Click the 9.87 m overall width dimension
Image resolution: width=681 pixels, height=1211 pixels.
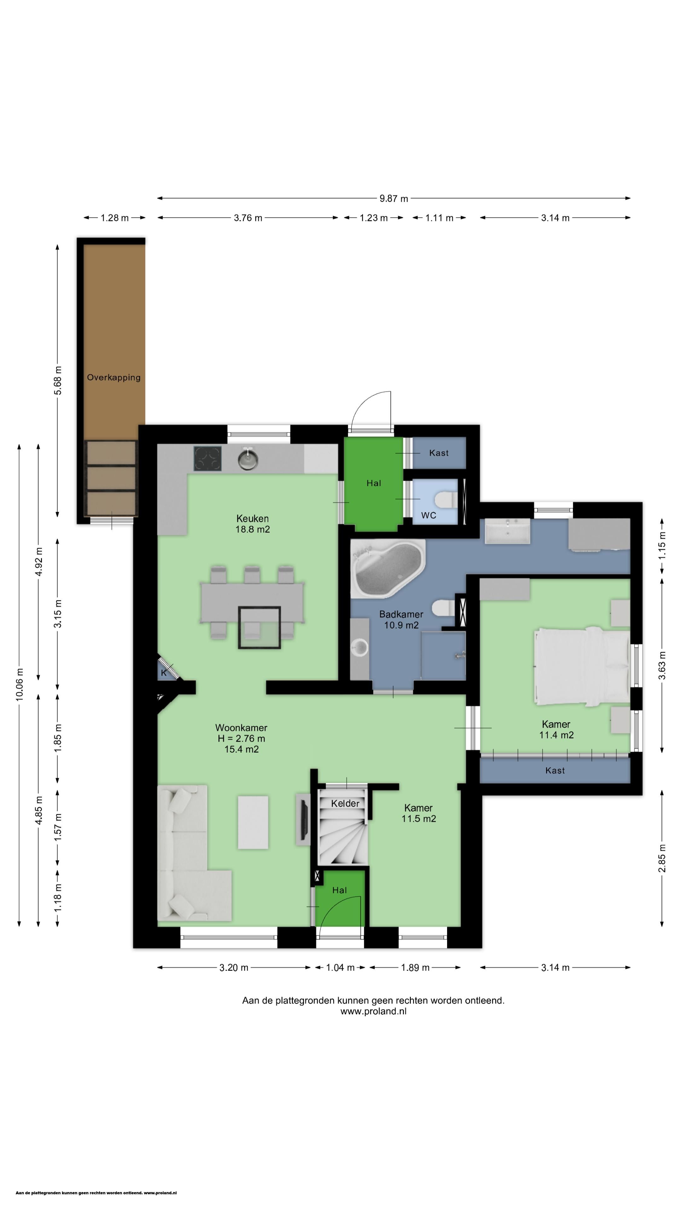394,198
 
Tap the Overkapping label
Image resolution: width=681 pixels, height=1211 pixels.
114,377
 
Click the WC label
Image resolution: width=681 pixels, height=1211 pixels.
429,515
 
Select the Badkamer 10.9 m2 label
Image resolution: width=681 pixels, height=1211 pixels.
401,620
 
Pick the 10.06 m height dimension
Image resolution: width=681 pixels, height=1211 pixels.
19,685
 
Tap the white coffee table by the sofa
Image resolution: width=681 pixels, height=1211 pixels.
253,822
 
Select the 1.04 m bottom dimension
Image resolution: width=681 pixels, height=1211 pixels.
340,968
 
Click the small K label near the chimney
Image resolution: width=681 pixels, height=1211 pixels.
164,673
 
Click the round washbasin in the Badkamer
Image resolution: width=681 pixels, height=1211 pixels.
360,648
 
